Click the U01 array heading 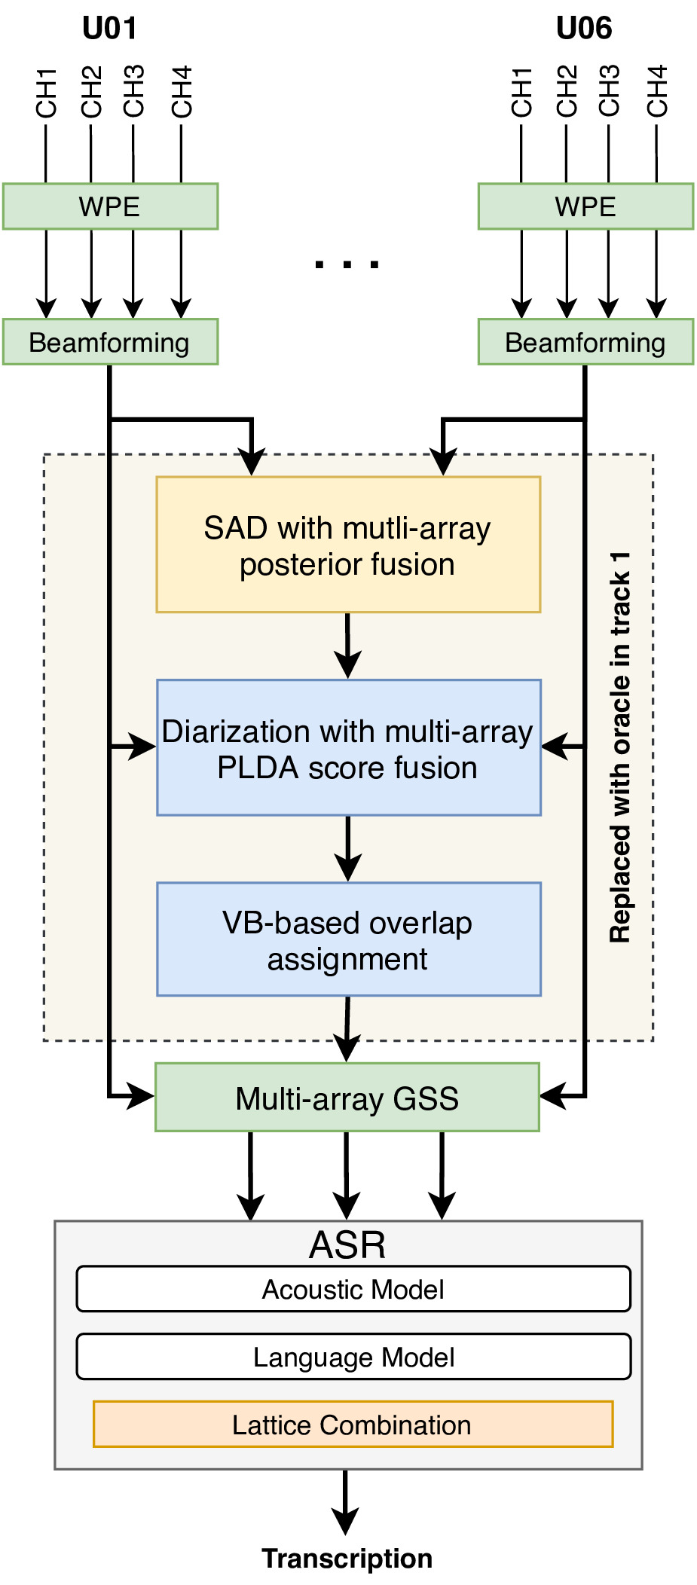pyautogui.click(x=109, y=29)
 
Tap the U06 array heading pyautogui.click(x=584, y=29)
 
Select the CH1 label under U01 pyautogui.click(x=47, y=93)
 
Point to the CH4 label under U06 pyautogui.click(x=657, y=91)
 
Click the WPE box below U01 pyautogui.click(x=110, y=206)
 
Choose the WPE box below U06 pyautogui.click(x=585, y=206)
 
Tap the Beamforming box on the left pyautogui.click(x=110, y=342)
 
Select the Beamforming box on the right pyautogui.click(x=585, y=342)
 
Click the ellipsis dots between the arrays pyautogui.click(x=347, y=264)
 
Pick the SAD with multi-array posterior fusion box pyautogui.click(x=348, y=545)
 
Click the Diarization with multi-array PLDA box pyautogui.click(x=348, y=748)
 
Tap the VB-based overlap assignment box pyautogui.click(x=348, y=939)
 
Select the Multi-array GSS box pyautogui.click(x=347, y=1098)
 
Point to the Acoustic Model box pyautogui.click(x=353, y=1289)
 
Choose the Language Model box pyautogui.click(x=353, y=1357)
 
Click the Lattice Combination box pyautogui.click(x=353, y=1425)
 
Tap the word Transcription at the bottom pyautogui.click(x=347, y=1558)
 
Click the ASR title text pyautogui.click(x=347, y=1244)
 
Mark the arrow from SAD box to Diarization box pyautogui.click(x=347, y=646)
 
